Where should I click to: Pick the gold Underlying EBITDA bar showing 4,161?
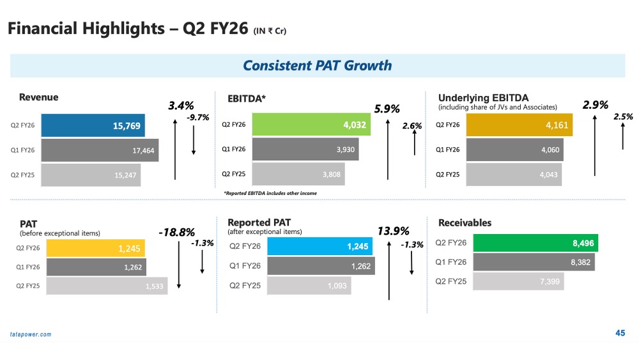519,125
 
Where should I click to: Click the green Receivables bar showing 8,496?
534,242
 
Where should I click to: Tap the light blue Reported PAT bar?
318,246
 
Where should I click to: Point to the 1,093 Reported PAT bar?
309,286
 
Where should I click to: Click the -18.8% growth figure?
176,232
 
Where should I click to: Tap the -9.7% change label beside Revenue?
197,118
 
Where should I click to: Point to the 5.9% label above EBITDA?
387,109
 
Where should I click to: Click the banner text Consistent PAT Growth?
317,66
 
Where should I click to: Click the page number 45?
620,333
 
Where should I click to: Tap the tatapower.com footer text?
31,334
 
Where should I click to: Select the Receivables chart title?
465,223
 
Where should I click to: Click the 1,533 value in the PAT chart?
154,286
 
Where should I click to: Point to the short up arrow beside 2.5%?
622,137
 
